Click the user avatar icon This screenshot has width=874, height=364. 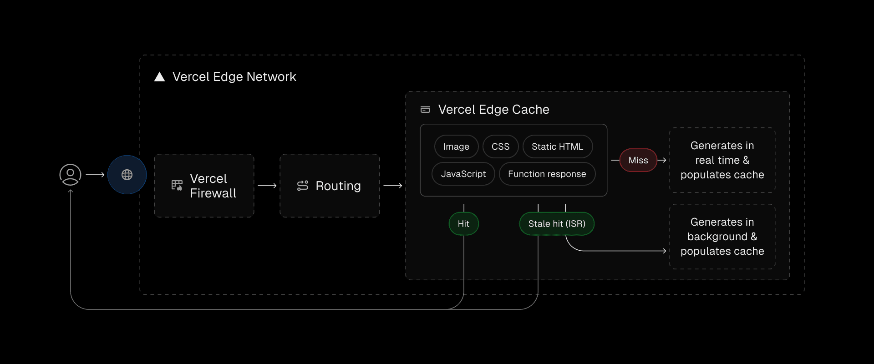point(70,175)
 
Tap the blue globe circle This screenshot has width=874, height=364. point(127,175)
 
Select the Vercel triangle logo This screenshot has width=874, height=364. point(159,76)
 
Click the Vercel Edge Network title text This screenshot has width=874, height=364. point(234,76)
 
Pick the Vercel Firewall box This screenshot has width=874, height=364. point(204,186)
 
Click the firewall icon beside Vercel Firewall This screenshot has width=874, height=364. point(177,186)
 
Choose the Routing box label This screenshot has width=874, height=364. point(338,186)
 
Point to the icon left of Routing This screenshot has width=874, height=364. point(303,186)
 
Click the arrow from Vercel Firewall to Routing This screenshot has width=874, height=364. point(267,186)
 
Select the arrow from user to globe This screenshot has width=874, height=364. point(95,175)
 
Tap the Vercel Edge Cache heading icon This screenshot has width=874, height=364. point(425,110)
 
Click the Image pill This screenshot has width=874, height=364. point(456,147)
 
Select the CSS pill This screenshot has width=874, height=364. point(500,147)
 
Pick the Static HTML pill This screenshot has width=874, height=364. point(557,147)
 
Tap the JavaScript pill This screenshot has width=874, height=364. point(463,174)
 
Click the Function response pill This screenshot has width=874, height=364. point(547,174)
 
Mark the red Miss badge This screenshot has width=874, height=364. point(638,160)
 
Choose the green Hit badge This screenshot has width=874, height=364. point(463,223)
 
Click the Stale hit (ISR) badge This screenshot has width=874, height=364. point(557,223)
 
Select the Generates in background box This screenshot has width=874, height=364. point(722,237)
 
